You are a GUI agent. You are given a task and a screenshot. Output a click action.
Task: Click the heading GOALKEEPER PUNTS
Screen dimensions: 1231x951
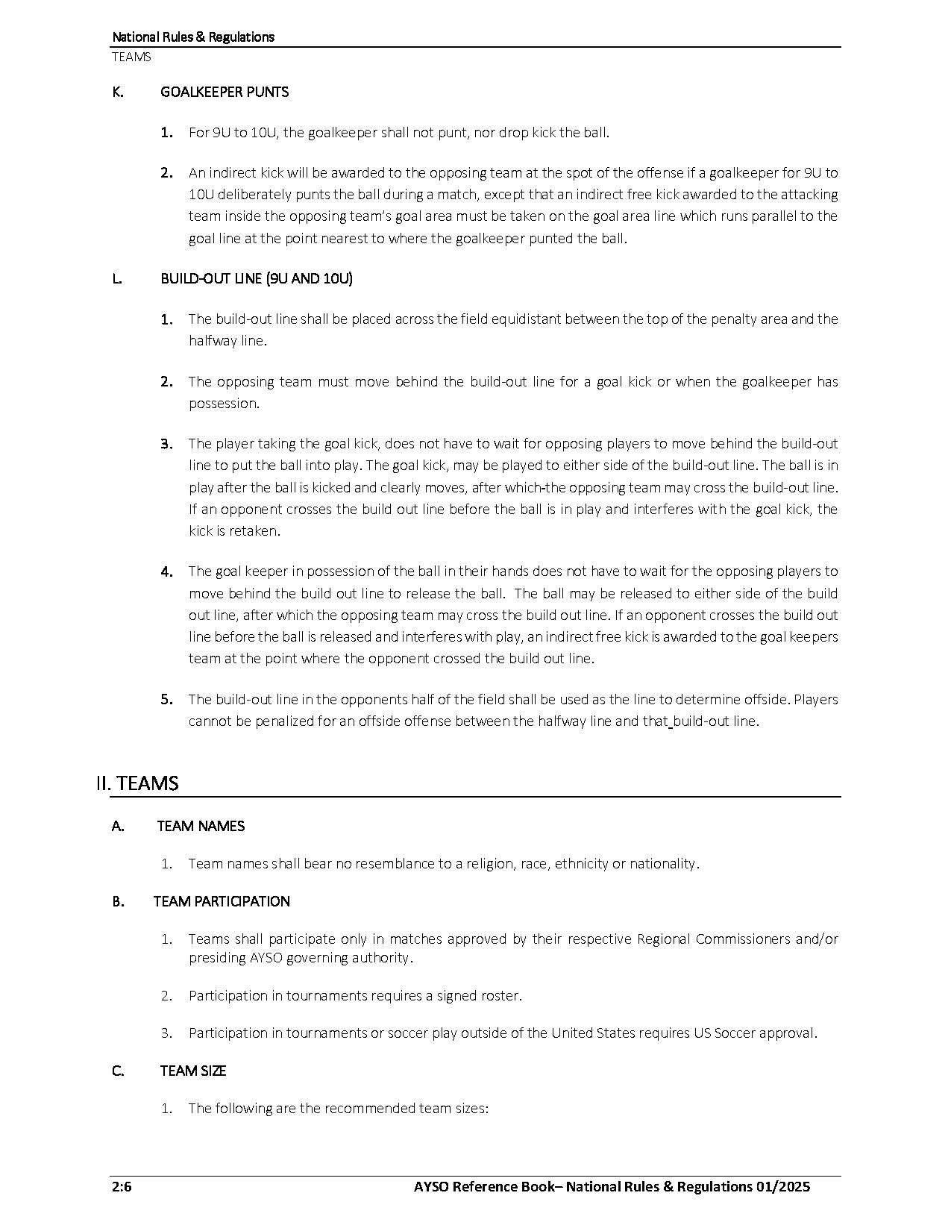coord(225,92)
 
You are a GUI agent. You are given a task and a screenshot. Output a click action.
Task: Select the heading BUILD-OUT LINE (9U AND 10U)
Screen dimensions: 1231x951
coord(256,278)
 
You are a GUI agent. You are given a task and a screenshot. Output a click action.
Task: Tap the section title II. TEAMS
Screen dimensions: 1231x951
coord(137,783)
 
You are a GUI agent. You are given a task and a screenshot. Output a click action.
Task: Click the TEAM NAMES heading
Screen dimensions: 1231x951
coord(201,826)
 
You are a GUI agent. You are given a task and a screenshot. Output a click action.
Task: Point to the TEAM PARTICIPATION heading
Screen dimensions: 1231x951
coord(222,901)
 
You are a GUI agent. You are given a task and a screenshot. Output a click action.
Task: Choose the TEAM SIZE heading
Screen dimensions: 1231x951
coord(192,1071)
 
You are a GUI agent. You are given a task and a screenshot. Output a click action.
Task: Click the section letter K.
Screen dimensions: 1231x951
coord(118,92)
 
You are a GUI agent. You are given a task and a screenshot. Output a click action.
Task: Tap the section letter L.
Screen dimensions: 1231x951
coord(117,278)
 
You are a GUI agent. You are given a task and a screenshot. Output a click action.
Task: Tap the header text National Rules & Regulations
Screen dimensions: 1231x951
coord(193,37)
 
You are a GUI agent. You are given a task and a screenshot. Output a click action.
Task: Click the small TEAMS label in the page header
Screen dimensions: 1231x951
coord(131,57)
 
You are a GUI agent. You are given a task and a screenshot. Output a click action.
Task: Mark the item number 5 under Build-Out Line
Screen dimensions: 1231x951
coord(166,700)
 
